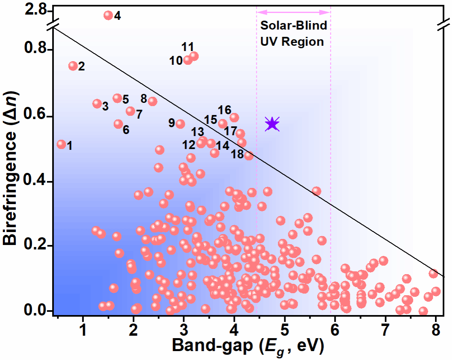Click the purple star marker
(x=272, y=124)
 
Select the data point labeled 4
(x=108, y=15)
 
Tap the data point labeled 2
(x=73, y=66)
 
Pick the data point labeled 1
(x=61, y=144)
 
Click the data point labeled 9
(x=180, y=124)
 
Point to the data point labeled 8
(x=152, y=101)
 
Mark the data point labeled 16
(x=234, y=117)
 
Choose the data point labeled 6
(x=118, y=124)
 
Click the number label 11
(x=188, y=47)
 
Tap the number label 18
(x=237, y=154)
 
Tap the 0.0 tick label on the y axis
(x=35, y=311)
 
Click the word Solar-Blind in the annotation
(x=294, y=26)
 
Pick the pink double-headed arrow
(x=294, y=12)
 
